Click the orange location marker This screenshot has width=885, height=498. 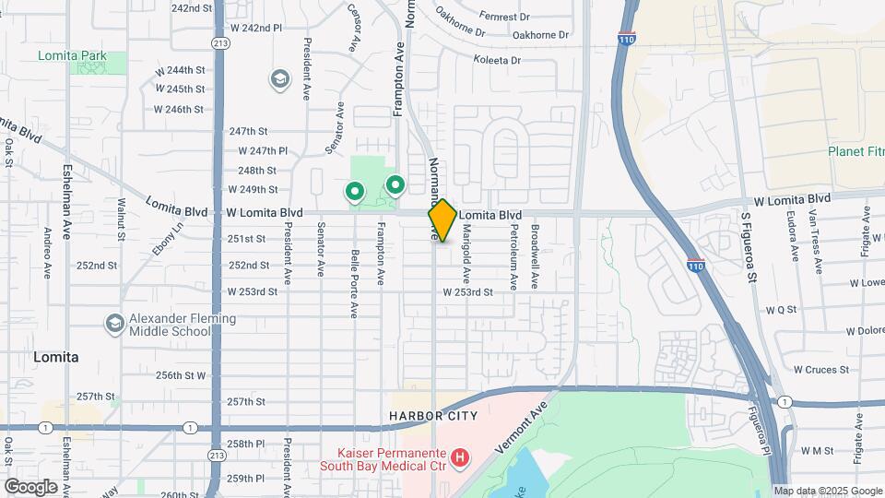(x=442, y=219)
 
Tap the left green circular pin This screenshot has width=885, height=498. (x=354, y=192)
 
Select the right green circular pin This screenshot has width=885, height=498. (x=395, y=185)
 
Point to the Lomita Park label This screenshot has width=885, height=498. (x=72, y=55)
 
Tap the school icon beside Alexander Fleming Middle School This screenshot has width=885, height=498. (x=114, y=324)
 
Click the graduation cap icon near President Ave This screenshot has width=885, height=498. (x=278, y=79)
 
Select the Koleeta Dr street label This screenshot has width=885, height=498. (x=497, y=60)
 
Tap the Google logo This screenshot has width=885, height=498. (x=30, y=486)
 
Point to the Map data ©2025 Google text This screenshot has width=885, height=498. (x=827, y=491)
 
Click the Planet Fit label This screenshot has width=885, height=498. (x=855, y=151)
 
